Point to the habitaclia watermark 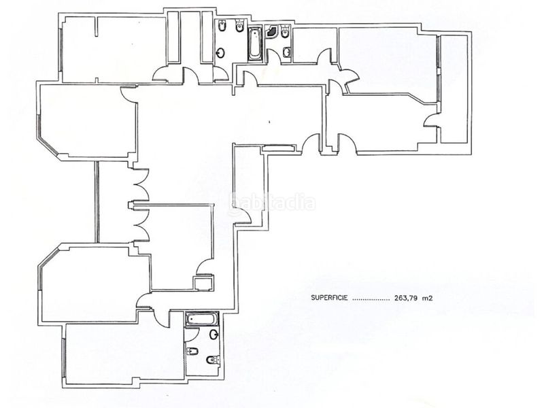click(x=272, y=202)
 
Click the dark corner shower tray click(x=271, y=31)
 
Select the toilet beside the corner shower click(x=285, y=31)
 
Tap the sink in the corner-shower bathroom click(x=286, y=52)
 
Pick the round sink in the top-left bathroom click(x=220, y=53)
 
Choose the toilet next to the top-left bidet click(x=240, y=27)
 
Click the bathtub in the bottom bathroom click(x=202, y=319)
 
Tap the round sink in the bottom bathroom click(x=214, y=335)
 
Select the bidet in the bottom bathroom click(x=192, y=351)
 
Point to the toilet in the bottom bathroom click(x=213, y=360)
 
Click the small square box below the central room click(x=203, y=284)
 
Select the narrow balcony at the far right click(x=454, y=88)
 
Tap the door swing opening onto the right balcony click(x=430, y=121)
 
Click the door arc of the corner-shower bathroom click(x=274, y=56)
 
